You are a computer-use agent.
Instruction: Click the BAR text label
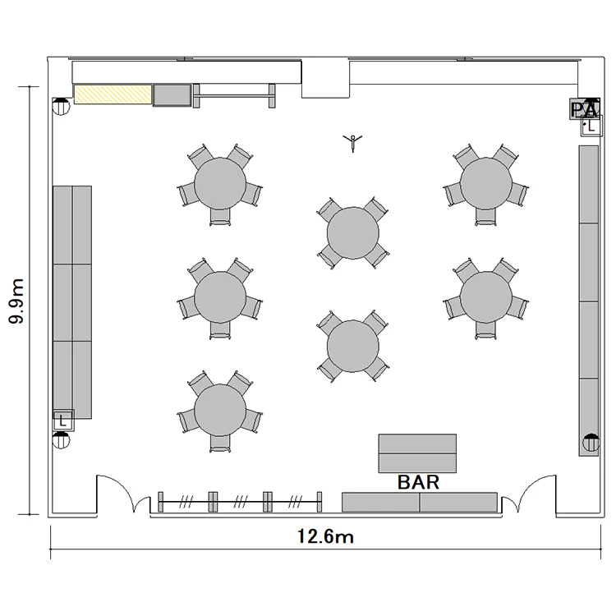coord(418,482)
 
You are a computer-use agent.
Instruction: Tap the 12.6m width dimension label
coord(325,536)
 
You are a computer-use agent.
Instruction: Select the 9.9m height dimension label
coord(16,301)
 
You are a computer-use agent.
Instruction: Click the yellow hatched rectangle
coord(113,94)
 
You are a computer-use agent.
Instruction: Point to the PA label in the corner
coord(585,108)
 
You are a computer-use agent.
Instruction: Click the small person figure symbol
coord(353,143)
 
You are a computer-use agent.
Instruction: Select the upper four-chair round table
coord(353,233)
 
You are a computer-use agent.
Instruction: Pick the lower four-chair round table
coord(353,347)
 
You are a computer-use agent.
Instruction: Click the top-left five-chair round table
coord(220,183)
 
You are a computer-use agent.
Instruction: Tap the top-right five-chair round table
coord(486,183)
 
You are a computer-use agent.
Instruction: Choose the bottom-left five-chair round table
coord(220,410)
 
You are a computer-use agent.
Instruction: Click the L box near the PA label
coord(591,126)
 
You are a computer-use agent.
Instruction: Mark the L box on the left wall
coord(63,421)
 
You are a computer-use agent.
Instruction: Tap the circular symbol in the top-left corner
coord(61,107)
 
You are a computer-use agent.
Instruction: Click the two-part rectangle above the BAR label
coord(417,453)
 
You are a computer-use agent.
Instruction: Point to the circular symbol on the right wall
coord(591,443)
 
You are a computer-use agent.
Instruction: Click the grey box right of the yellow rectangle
coord(172,95)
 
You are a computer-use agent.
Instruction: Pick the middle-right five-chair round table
coord(486,297)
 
